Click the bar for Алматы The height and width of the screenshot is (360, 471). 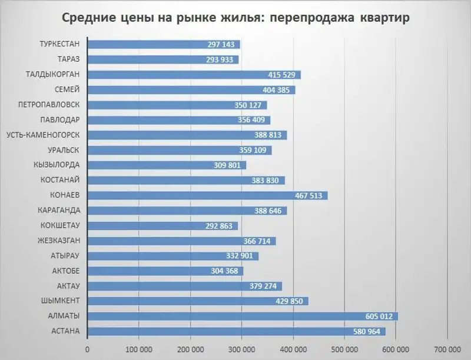click(x=243, y=316)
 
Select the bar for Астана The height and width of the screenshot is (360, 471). click(x=236, y=332)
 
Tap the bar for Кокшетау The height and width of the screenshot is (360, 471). click(x=162, y=226)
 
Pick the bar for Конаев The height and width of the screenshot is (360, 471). click(x=207, y=195)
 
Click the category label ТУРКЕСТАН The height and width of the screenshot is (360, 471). click(x=59, y=44)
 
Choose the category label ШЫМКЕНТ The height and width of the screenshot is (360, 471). click(x=60, y=301)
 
